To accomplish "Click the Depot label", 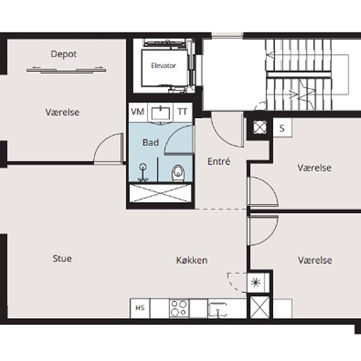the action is pos(64,54).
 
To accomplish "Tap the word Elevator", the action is pos(163,66).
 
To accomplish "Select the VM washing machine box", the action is pos(138,112).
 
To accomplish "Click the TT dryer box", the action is pos(182,112).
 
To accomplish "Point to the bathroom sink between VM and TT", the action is pos(160,113).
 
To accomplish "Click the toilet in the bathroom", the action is pos(178,173).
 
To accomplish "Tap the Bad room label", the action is pos(151,142).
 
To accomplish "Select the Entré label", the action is pos(219,161).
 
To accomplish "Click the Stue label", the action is pos(62,259).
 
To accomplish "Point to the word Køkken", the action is pos(192,261).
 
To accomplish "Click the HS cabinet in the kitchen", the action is pos(140,308).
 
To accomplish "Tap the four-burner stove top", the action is pos(179,308).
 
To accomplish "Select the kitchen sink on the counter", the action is pos(217,309).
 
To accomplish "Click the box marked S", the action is pos(282,128).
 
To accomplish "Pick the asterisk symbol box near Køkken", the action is pos(255,282).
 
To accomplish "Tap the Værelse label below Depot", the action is pos(62,112).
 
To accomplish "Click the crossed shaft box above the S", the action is pos(260,127).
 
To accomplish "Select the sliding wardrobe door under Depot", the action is pos(66,71).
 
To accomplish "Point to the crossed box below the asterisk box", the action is pos(260,307).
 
